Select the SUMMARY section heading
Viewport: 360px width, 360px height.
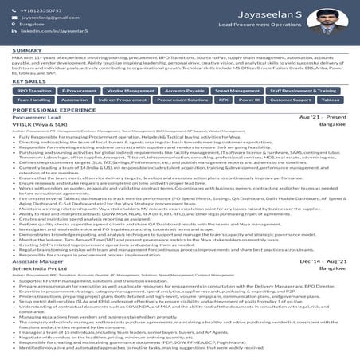(27, 50)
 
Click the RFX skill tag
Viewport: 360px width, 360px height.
(223, 100)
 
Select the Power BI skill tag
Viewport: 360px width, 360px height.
(248, 100)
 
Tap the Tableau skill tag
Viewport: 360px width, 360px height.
(330, 100)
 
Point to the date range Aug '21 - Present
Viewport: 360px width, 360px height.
(323, 117)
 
